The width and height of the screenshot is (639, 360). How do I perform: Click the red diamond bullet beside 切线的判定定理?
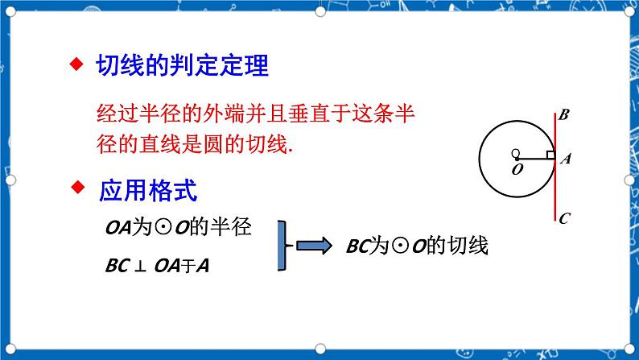(76, 64)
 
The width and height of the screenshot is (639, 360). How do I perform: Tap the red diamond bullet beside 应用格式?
(78, 188)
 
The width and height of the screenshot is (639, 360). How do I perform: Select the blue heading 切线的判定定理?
(182, 65)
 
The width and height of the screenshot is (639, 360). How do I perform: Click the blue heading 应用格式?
(148, 190)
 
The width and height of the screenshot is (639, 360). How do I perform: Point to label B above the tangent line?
(564, 114)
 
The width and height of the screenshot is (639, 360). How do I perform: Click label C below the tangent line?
(564, 218)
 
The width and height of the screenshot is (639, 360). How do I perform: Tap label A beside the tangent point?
(566, 158)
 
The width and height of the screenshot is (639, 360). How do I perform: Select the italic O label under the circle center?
(517, 169)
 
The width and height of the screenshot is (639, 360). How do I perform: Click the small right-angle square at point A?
(551, 155)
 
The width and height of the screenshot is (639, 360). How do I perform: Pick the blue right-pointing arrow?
(314, 246)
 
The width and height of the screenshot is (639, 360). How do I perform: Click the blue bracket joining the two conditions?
(282, 246)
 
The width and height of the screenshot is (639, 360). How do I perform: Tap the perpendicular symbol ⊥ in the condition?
(140, 267)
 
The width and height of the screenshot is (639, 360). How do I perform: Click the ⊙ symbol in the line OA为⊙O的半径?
(164, 228)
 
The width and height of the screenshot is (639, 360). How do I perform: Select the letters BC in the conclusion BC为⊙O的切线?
(358, 246)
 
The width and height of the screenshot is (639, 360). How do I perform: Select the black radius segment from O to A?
(535, 159)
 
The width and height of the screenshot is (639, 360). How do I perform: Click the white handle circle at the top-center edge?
(320, 11)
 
